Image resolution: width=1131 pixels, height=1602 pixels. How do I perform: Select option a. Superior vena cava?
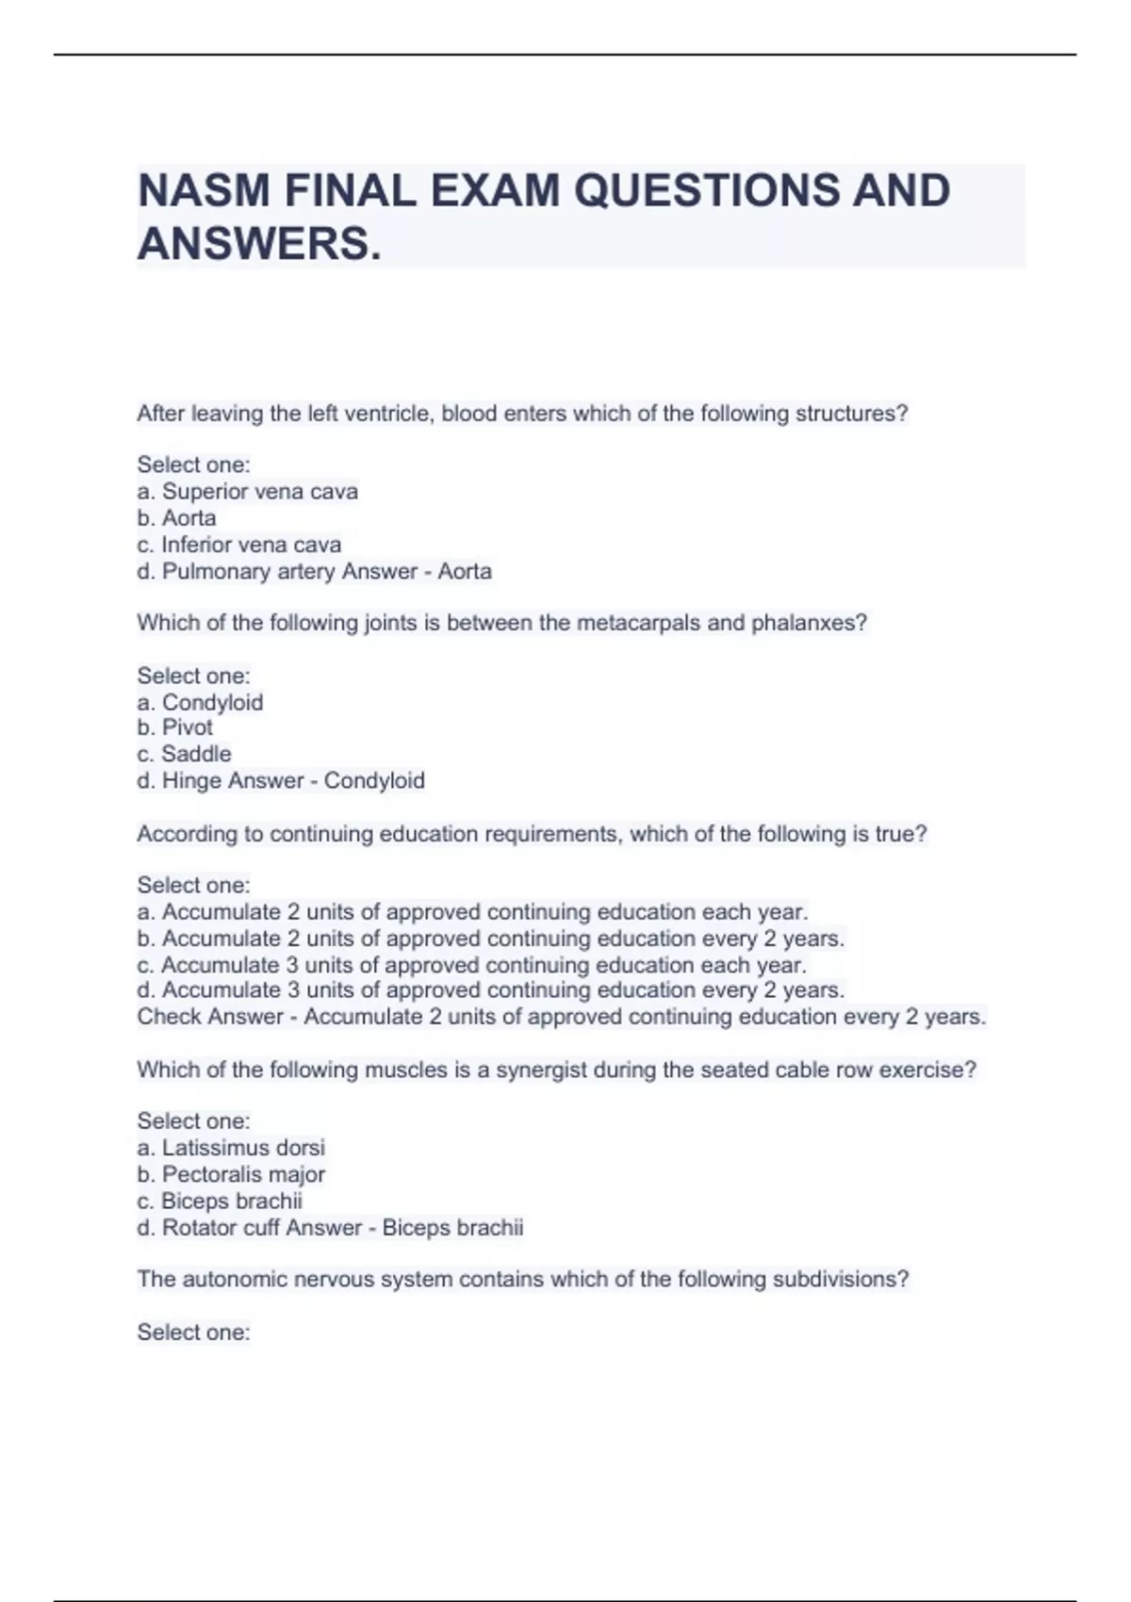click(x=247, y=491)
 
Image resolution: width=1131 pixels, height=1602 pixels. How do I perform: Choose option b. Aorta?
click(x=176, y=517)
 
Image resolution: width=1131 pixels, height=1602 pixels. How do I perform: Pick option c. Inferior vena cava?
click(x=238, y=545)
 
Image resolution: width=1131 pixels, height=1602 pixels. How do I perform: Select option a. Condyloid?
click(x=200, y=702)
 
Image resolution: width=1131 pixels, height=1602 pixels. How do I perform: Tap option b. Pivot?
click(x=175, y=727)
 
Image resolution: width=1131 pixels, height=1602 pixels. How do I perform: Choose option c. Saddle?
click(x=184, y=754)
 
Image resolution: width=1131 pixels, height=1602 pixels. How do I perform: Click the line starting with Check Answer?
click(x=561, y=1017)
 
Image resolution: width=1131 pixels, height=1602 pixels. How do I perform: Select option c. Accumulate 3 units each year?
click(x=471, y=965)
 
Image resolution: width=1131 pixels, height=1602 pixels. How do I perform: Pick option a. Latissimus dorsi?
click(x=231, y=1148)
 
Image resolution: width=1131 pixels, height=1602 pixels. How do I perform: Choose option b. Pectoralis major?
click(x=231, y=1174)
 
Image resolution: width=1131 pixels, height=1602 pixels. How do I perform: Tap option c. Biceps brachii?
click(x=220, y=1201)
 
